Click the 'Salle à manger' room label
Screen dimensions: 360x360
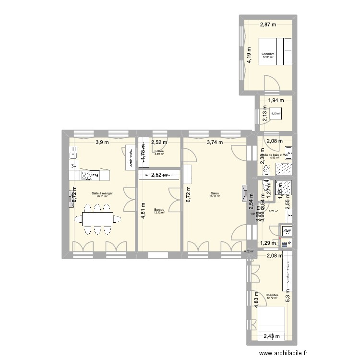pyautogui.click(x=102, y=193)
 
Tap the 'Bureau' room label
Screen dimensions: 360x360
pyautogui.click(x=159, y=210)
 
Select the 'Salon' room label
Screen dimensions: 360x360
pyautogui.click(x=214, y=193)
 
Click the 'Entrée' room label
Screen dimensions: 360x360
pyautogui.click(x=159, y=151)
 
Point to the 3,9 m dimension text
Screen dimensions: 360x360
pyautogui.click(x=102, y=142)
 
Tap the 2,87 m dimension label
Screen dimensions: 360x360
pyautogui.click(x=269, y=25)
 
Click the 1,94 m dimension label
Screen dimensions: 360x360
pyautogui.click(x=276, y=101)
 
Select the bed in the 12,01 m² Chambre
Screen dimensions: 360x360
pyautogui.click(x=284, y=52)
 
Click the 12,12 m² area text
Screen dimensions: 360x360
pyautogui.click(x=159, y=213)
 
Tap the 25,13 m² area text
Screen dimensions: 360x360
pyautogui.click(x=214, y=196)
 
